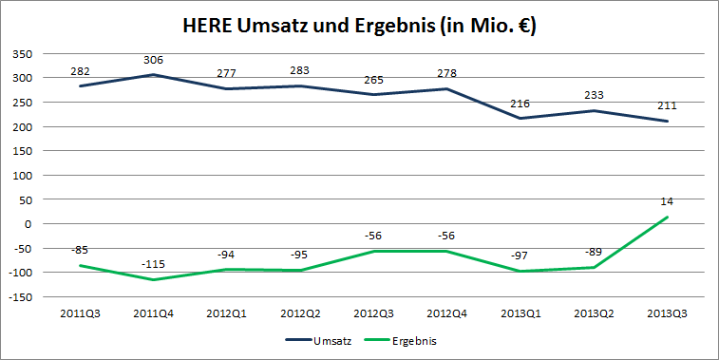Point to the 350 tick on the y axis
click(x=21, y=54)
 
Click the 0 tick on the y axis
click(x=28, y=224)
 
